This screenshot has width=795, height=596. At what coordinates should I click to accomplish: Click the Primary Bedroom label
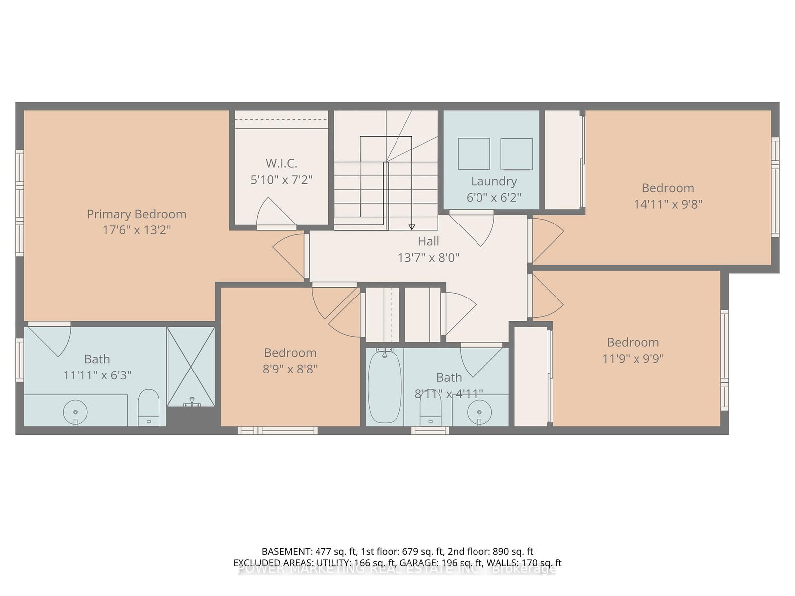coord(137,214)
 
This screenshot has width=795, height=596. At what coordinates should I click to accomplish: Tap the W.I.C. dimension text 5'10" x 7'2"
coord(281,180)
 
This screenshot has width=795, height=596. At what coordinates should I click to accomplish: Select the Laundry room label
coord(494,181)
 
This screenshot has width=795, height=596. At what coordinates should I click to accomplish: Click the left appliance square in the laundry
coord(474,154)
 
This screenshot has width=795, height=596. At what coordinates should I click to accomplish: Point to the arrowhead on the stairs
coord(411,227)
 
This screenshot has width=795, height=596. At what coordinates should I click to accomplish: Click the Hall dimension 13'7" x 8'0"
coord(428,258)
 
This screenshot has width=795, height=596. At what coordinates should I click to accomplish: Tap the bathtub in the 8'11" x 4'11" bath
coord(385,386)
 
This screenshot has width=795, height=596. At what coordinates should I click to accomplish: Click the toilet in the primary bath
coord(148,407)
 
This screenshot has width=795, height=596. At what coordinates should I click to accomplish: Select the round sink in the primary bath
coord(76,412)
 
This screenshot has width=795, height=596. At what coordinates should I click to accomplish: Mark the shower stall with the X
coord(191,366)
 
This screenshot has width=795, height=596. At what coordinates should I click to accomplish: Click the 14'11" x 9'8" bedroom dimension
coord(667,204)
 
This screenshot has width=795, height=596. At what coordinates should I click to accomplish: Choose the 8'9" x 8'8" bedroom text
coord(290,369)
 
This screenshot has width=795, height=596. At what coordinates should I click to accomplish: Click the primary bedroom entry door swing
coord(288,254)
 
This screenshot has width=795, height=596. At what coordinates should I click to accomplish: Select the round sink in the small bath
coord(479,412)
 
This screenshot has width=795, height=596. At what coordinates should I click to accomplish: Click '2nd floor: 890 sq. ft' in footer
coord(490,551)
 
